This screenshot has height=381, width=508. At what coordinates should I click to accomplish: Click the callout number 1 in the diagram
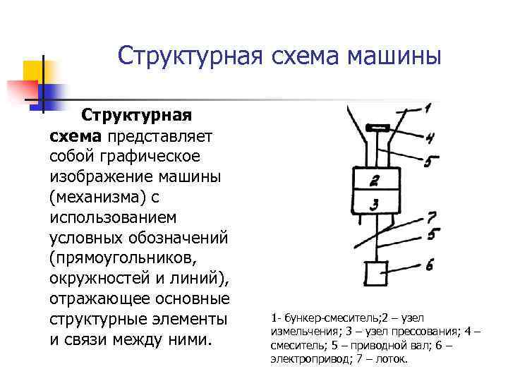coord(428,108)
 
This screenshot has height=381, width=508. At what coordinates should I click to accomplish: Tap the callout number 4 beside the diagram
coord(429,138)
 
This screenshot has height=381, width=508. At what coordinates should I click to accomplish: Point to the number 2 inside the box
coord(375,180)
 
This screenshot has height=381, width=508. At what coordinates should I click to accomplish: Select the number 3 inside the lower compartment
coord(375,204)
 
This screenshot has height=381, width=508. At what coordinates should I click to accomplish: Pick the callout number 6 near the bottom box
coord(430,264)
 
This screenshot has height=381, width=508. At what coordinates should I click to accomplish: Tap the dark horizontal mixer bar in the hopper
coord(379,128)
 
